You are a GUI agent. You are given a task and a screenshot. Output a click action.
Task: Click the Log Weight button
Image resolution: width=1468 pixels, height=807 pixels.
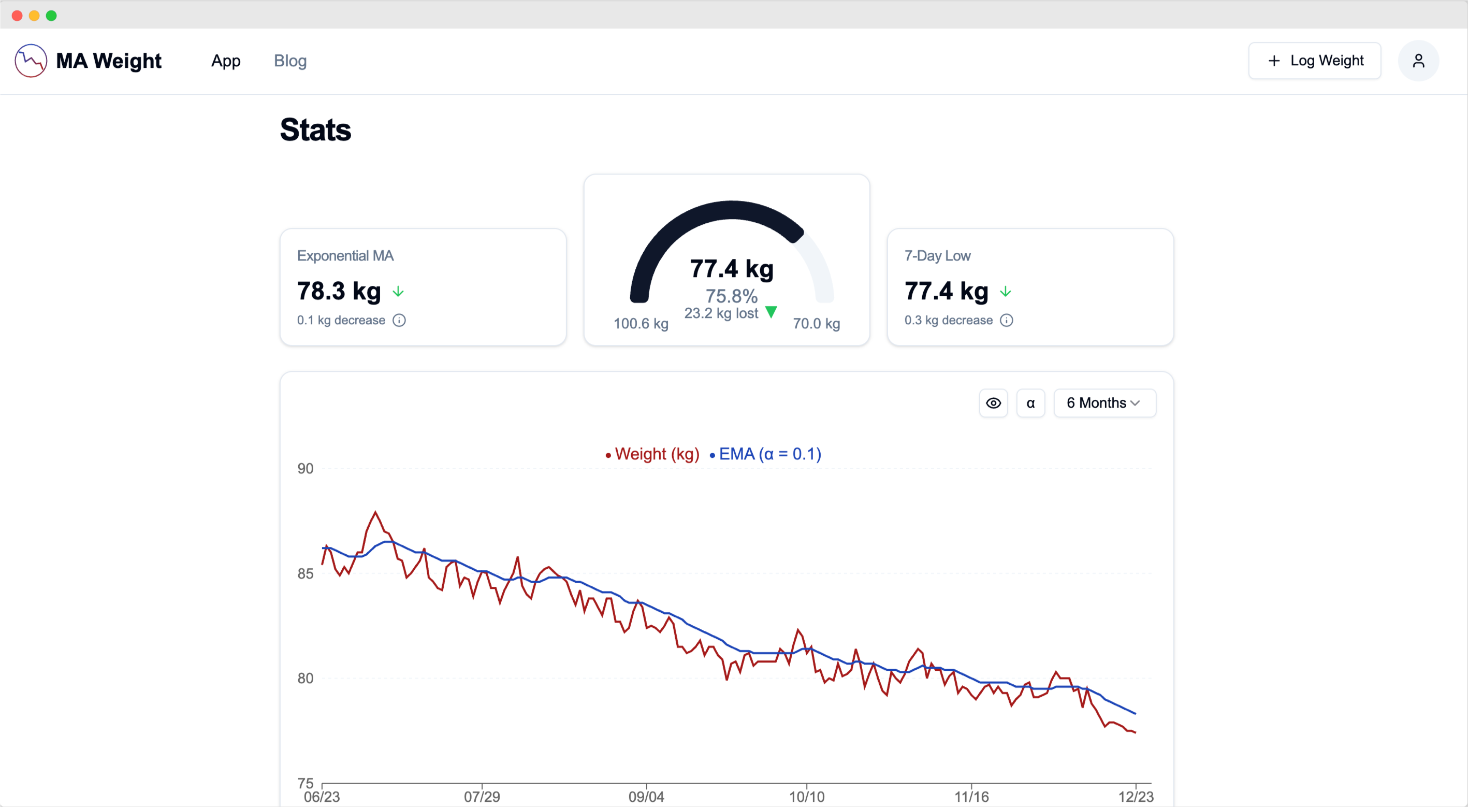click(1314, 61)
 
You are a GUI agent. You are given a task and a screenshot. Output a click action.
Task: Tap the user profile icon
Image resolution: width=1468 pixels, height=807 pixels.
click(1418, 61)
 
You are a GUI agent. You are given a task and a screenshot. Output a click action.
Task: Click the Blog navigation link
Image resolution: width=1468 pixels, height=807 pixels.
click(290, 61)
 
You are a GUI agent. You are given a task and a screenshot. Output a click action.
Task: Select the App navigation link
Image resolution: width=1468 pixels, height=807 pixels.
click(226, 61)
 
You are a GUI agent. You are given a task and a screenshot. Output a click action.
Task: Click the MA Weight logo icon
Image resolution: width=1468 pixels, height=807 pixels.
click(31, 61)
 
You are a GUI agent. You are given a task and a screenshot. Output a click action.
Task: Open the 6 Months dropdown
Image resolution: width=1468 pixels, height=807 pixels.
click(1104, 403)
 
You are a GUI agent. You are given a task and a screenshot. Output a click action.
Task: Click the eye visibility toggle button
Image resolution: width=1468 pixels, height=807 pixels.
click(993, 403)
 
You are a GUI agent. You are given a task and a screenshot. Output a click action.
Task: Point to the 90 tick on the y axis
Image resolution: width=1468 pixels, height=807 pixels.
click(306, 468)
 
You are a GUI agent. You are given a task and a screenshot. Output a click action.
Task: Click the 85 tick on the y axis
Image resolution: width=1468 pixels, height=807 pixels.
click(306, 573)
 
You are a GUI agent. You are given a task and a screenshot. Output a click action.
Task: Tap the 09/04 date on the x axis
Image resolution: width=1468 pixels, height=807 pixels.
click(646, 796)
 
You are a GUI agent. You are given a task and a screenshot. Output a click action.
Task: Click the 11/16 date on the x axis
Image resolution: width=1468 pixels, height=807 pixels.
click(971, 796)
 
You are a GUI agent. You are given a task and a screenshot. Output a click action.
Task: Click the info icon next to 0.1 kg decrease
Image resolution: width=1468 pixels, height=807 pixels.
click(399, 320)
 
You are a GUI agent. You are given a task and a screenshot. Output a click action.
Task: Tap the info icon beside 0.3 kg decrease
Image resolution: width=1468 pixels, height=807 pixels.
click(1007, 320)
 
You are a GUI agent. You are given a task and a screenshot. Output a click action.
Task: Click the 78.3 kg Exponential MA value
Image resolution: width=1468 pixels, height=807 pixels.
click(339, 291)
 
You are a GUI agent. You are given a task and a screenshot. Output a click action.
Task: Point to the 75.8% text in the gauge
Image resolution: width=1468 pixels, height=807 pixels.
click(731, 296)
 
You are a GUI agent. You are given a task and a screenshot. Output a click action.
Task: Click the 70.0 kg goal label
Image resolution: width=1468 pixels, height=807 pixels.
click(816, 323)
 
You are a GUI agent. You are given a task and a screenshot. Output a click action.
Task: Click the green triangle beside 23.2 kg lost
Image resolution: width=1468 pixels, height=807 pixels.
click(771, 312)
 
